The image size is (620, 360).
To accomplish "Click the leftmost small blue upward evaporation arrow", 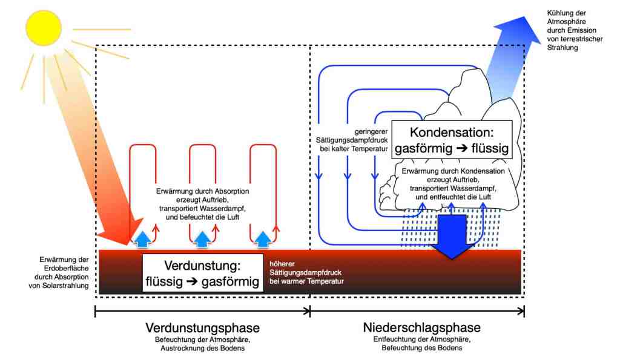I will [141, 239].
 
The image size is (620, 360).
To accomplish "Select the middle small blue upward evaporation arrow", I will [202, 239].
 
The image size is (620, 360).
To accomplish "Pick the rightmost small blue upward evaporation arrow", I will [262, 239].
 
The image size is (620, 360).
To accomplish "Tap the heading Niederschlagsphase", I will [422, 328].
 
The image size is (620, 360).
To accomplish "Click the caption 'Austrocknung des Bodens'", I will [202, 349].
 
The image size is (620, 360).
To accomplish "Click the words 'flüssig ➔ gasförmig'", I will [202, 281].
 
